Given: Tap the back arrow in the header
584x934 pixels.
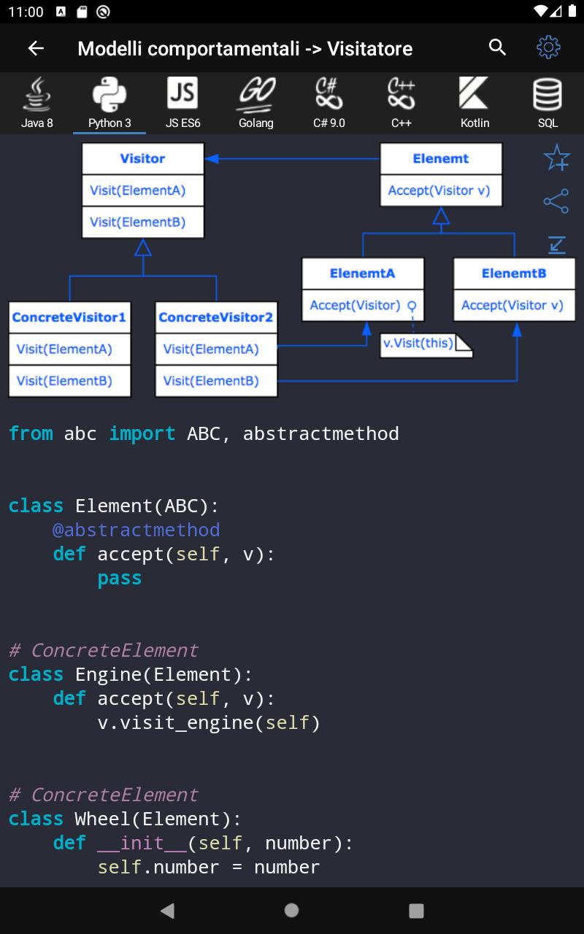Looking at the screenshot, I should [36, 48].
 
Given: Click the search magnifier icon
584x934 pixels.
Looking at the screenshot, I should [497, 47].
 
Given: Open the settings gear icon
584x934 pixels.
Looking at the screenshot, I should [548, 47].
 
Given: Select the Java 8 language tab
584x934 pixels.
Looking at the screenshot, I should [36, 103].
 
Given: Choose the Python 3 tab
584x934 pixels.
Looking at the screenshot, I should [109, 103].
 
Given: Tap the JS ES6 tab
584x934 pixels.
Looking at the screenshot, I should [182, 103].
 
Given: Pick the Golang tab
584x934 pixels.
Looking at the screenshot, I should [256, 103].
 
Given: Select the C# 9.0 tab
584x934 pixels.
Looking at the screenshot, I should [328, 103].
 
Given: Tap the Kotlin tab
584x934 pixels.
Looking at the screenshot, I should [474, 103].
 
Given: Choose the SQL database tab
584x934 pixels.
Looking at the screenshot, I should [547, 103].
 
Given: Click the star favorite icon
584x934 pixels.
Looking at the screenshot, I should [556, 158].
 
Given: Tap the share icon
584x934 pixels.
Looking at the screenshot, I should [556, 201].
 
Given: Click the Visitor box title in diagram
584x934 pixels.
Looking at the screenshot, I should [142, 158].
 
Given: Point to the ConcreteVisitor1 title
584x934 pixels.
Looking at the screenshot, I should [69, 317].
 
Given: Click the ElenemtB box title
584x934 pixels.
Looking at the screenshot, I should [514, 274].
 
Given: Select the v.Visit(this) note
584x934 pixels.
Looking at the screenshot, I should [419, 343].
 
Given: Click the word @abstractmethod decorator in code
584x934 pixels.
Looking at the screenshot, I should [136, 530].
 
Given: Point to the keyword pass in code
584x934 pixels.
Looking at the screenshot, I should [120, 578].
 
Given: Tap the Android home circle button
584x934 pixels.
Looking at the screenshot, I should [292, 910].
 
